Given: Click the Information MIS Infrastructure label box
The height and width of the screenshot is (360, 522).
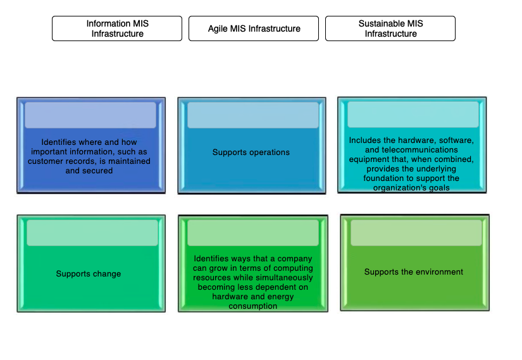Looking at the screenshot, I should coord(117,28).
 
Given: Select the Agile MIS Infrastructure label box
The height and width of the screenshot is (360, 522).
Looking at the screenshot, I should coord(254,28).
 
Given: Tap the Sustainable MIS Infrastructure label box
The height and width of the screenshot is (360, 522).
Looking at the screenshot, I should coord(390,28).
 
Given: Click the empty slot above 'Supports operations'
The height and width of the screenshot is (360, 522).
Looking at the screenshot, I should coord(252,115).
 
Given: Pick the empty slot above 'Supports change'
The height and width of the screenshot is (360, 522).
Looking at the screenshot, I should coord(92,233).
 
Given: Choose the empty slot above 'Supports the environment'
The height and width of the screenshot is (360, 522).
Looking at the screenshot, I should coord(416,233).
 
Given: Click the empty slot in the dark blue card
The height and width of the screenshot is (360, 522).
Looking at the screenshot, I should coord(90,115).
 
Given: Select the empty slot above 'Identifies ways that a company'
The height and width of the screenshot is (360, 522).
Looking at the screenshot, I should coord(253,233).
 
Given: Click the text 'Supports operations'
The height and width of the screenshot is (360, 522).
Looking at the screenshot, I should coord(251,152).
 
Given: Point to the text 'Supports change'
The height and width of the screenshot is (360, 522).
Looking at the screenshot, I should coord(89,274).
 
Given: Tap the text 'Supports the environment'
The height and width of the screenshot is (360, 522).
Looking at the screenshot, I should coord(414,272).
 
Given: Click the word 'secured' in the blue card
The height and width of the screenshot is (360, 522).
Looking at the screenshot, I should coord(97,171).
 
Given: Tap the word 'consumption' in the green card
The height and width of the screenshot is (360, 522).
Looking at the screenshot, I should coord(253,306).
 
